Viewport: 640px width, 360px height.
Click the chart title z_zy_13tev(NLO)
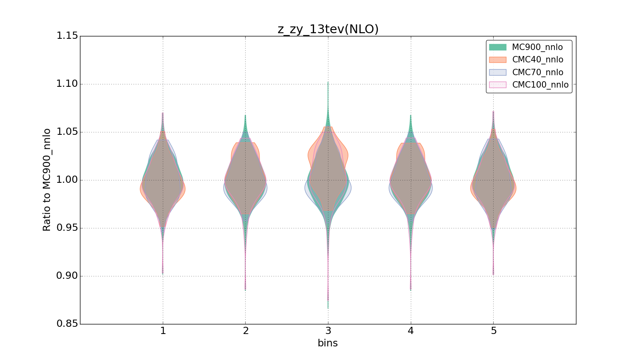point(328,29)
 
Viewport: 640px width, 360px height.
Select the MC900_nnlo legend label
point(537,47)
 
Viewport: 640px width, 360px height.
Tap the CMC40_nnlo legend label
point(538,60)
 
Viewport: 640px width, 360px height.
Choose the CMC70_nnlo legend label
point(538,72)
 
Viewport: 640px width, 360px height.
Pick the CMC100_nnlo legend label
point(540,85)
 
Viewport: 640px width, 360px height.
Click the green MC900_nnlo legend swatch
point(498,47)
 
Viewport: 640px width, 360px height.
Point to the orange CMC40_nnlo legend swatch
point(498,60)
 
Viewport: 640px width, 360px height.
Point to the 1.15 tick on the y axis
point(67,36)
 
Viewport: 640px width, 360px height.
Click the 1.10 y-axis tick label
point(67,84)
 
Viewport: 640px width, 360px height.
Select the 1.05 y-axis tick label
point(67,132)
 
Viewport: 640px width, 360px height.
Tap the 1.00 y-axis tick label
point(67,180)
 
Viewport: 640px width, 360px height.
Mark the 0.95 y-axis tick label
point(67,228)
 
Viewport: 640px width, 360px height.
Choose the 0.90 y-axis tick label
point(67,276)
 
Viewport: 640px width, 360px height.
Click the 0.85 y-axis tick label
point(67,324)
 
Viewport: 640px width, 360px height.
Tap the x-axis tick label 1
point(163,331)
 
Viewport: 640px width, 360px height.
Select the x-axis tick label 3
point(328,331)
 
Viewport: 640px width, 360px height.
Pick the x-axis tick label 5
point(493,331)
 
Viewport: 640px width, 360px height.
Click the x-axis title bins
point(328,343)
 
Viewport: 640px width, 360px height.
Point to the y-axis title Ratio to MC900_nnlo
point(47,180)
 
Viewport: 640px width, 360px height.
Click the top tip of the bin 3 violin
point(328,82)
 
